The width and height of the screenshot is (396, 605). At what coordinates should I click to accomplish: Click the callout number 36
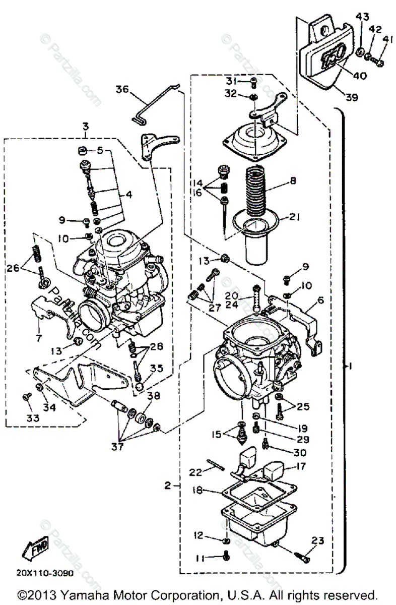[122, 90]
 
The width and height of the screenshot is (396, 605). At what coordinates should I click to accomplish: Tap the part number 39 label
[352, 97]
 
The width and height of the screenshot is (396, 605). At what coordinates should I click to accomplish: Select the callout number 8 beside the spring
[293, 180]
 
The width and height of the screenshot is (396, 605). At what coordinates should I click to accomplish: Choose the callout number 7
[39, 337]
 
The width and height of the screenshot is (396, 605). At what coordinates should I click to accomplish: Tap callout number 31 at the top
[231, 82]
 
